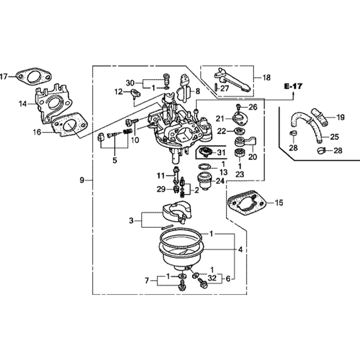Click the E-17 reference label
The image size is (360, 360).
[x=293, y=86]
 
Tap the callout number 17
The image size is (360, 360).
[x=4, y=76]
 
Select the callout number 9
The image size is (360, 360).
[x=82, y=180]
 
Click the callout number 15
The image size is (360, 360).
[x=279, y=202]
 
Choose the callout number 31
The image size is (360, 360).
[x=220, y=153]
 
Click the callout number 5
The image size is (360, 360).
[x=114, y=161]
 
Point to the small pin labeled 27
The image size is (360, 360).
[x=215, y=87]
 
